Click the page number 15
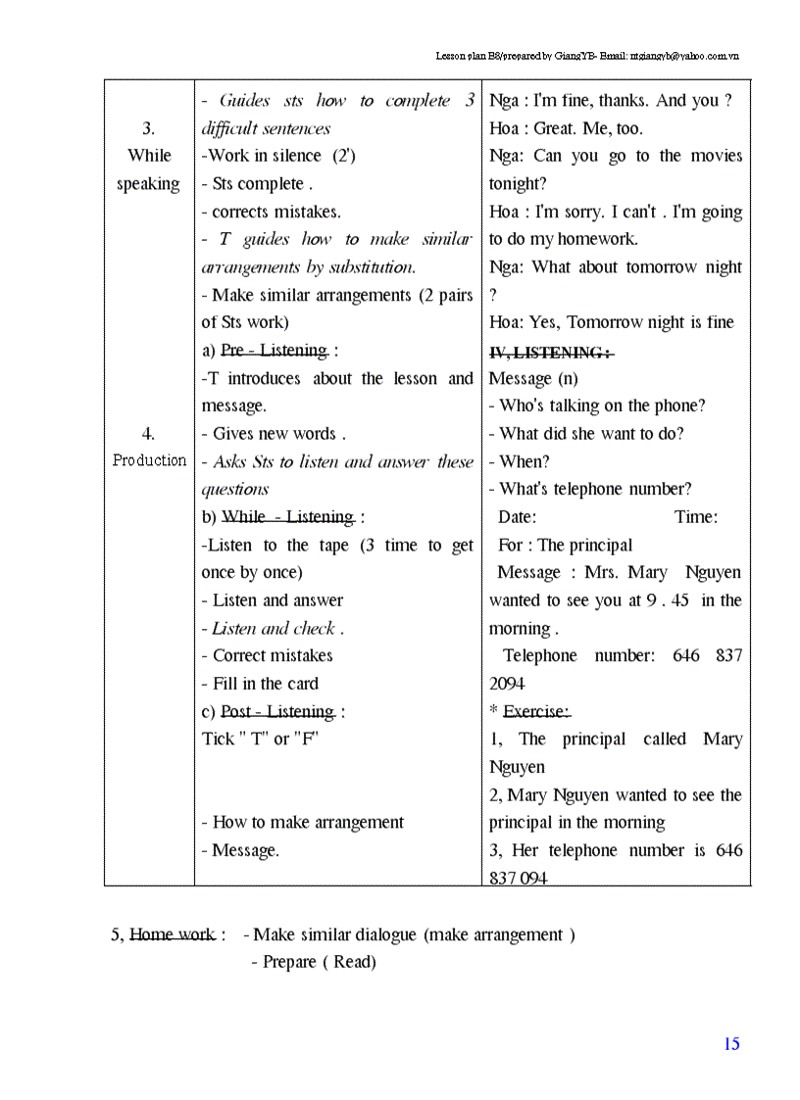731,1044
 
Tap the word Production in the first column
149,460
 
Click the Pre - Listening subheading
275,351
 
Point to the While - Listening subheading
288,517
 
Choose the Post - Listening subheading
277,712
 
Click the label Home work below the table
173,934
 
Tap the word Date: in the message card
517,517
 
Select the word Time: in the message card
696,517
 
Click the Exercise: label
536,712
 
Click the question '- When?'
520,461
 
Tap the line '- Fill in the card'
260,684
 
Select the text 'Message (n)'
533,379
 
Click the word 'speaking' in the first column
149,184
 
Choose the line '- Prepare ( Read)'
313,962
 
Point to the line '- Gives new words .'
274,434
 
